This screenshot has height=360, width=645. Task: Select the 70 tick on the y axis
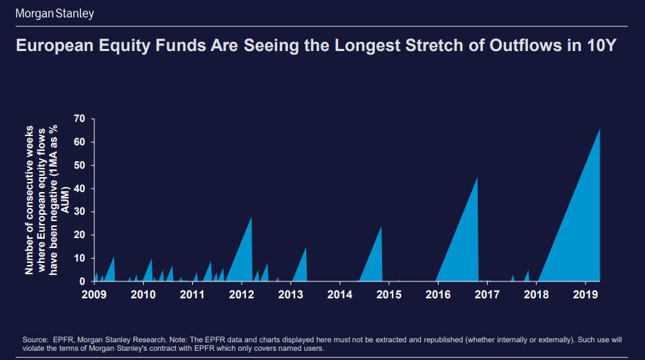pos(79,118)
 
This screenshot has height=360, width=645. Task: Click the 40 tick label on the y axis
pos(79,189)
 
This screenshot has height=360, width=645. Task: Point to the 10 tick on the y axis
pos(79,259)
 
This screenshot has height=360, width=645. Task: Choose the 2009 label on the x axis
pos(94,293)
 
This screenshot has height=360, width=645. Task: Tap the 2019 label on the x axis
pos(586,293)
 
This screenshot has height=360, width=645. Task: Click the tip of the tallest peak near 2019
pos(600,129)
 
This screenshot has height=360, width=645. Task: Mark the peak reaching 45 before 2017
pos(478,178)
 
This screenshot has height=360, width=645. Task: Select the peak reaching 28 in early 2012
pos(252,217)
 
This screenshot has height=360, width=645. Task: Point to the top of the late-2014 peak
pos(381,227)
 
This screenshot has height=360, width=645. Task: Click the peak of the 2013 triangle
pos(305,247)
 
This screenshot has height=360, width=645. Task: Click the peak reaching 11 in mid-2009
pos(114,257)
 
